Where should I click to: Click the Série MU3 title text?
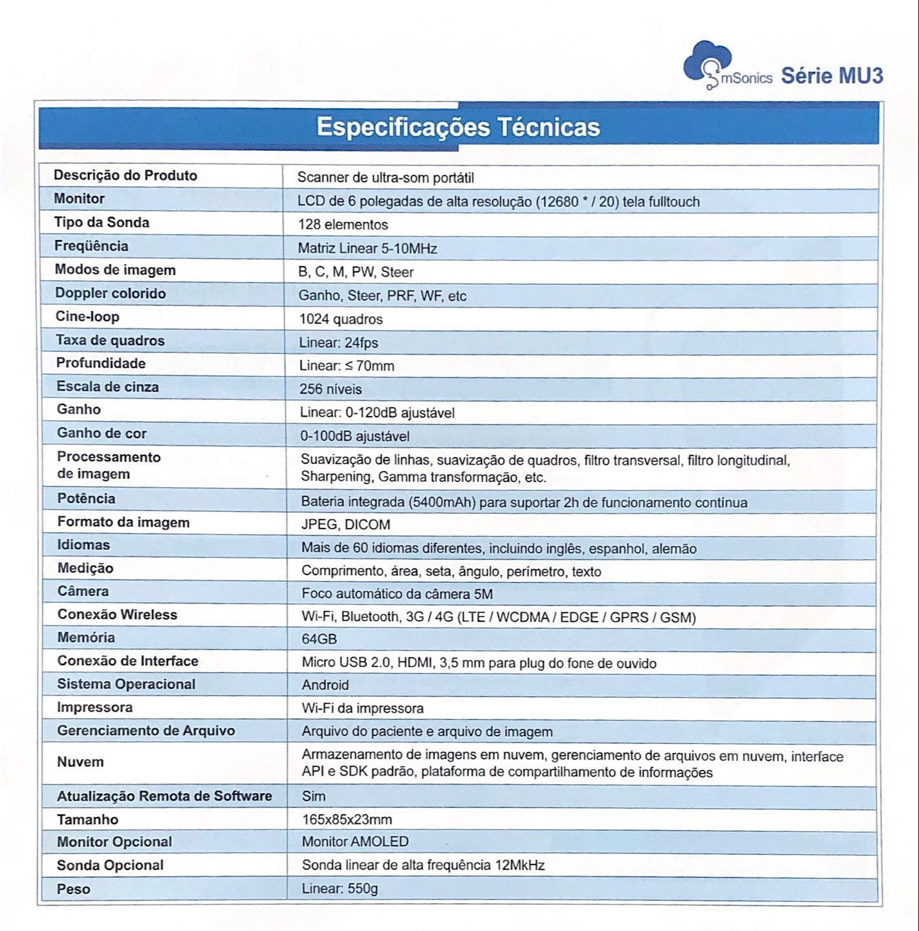(832, 76)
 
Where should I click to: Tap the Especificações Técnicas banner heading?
(458, 127)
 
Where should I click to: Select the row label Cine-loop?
(87, 317)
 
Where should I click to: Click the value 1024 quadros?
(341, 319)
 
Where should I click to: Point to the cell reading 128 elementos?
(343, 225)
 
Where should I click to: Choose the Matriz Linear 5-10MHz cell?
(367, 248)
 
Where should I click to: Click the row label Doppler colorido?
(110, 294)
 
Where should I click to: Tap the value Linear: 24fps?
(338, 342)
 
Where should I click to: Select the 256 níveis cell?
(330, 389)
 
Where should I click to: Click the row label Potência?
(86, 499)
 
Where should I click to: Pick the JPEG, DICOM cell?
(346, 525)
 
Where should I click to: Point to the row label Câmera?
(83, 591)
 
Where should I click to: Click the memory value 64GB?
(319, 639)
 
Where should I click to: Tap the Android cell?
(325, 685)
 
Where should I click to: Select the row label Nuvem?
(80, 762)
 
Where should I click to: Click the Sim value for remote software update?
(314, 796)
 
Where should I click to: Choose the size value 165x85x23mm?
(347, 820)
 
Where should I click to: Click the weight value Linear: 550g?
(340, 889)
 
